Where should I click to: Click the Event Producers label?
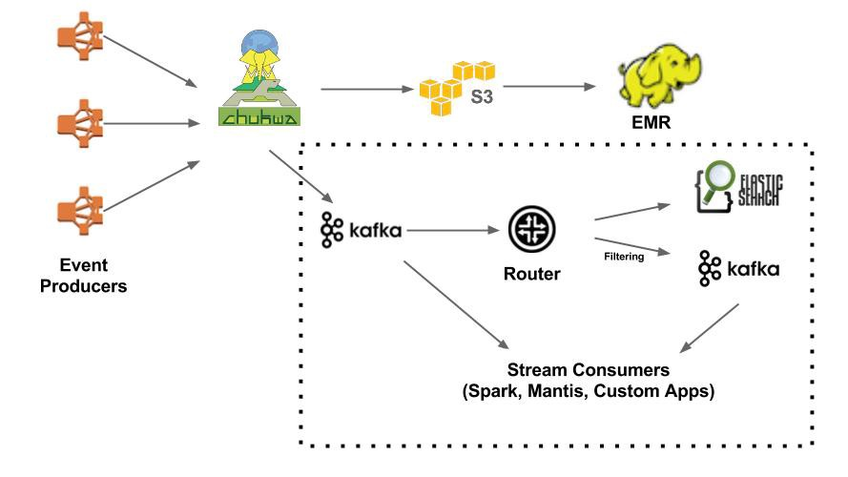click(x=83, y=274)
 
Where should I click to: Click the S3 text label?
click(x=483, y=97)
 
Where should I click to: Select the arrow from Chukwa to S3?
click(x=368, y=90)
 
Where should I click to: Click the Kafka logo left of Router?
click(x=362, y=230)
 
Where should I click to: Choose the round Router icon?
click(x=531, y=230)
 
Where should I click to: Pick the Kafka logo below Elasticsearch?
click(x=738, y=269)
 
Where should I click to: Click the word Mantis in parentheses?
click(x=559, y=391)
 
